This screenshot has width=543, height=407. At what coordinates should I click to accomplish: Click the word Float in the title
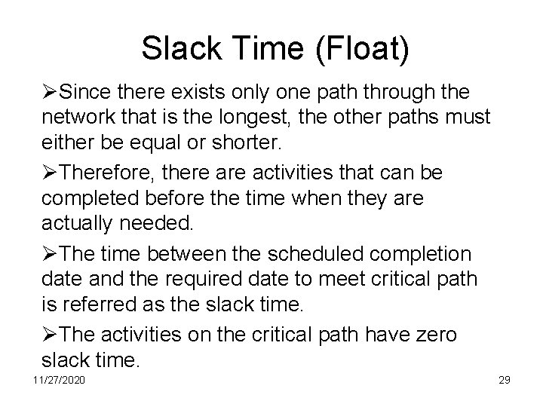point(363,49)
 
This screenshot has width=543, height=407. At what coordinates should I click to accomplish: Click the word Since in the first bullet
point(84,93)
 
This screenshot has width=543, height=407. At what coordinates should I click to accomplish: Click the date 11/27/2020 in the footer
point(59,379)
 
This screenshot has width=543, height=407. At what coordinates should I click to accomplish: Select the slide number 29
point(504,379)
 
